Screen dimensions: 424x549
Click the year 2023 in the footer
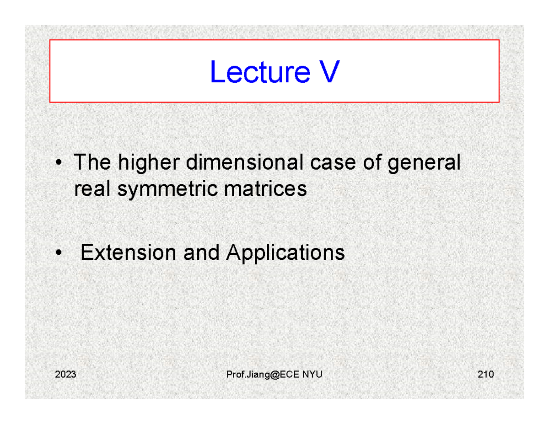65,375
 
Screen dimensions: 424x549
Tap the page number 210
485,375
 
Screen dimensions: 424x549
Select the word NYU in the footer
312,375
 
